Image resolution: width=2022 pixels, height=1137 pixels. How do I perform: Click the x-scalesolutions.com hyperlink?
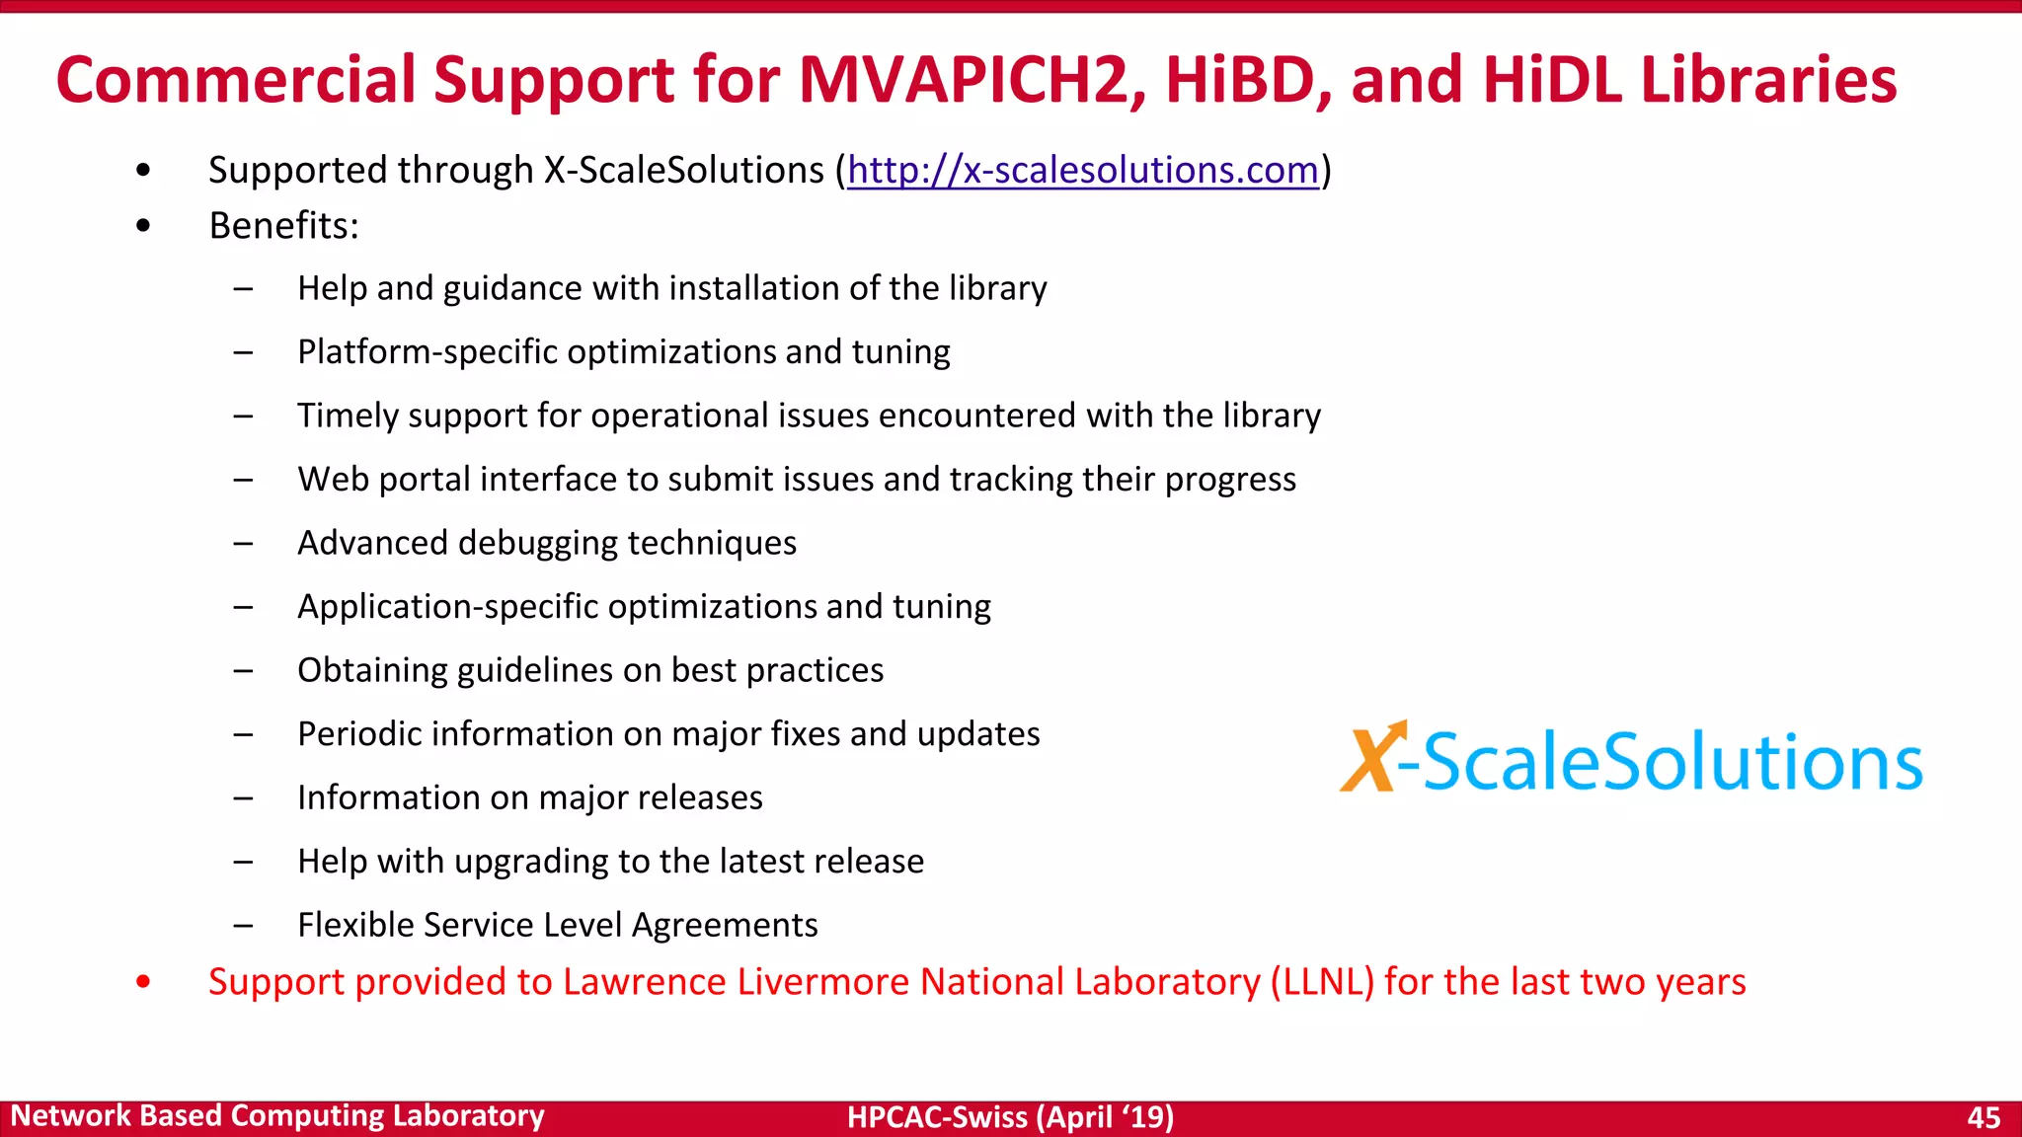pos(1083,171)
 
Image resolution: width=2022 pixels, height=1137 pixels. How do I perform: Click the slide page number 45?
pos(1983,1117)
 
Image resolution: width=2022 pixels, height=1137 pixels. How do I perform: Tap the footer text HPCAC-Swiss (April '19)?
pos(1010,1117)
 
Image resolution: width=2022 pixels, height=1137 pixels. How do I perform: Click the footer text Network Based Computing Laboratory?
pos(277,1116)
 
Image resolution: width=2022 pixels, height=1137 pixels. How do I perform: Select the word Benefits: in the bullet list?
pos(283,226)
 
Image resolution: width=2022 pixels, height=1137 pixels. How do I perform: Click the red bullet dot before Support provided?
pos(144,982)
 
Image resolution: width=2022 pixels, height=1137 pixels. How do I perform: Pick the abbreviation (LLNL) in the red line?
pos(1322,982)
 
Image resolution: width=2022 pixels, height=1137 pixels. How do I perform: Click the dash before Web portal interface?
pos(243,481)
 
